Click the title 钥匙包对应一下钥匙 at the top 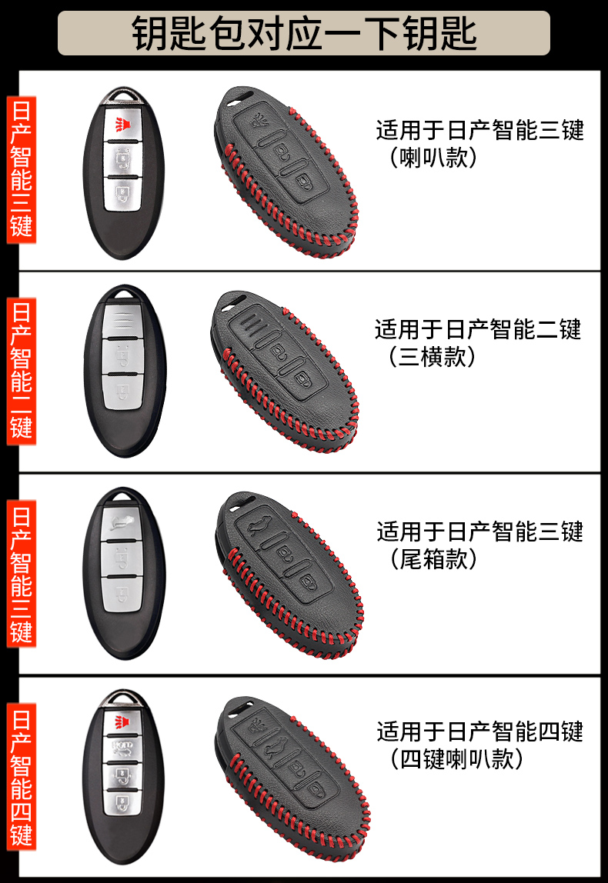click(x=304, y=33)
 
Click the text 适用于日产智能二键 click(x=478, y=330)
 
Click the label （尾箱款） click(x=434, y=558)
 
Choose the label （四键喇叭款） click(x=457, y=758)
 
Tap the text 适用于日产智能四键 click(x=479, y=731)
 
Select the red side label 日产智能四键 click(x=21, y=778)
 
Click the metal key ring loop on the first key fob click(x=122, y=96)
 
